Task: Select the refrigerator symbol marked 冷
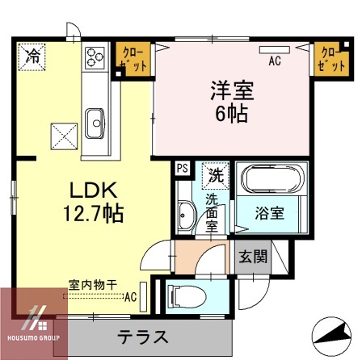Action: click(34, 57)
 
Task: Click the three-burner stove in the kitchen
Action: click(95, 57)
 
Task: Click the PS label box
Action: click(181, 169)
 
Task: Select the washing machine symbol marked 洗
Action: click(216, 174)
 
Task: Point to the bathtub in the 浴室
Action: click(271, 179)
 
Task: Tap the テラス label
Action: click(143, 335)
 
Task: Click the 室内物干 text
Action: click(92, 284)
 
